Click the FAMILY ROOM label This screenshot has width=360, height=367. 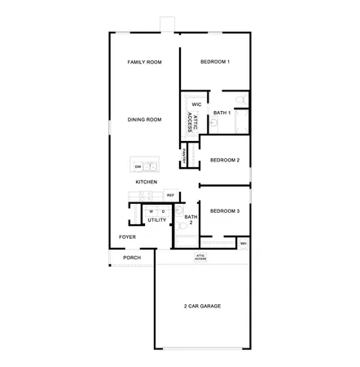pyautogui.click(x=145, y=62)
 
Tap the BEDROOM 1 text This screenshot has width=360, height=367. pyautogui.click(x=216, y=62)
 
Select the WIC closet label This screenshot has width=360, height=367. pyautogui.click(x=196, y=105)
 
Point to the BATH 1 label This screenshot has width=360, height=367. pyautogui.click(x=222, y=113)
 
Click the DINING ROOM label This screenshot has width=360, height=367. pyautogui.click(x=144, y=120)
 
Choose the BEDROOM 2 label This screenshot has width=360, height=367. pyautogui.click(x=224, y=160)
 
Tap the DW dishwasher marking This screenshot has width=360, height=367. pyautogui.click(x=138, y=166)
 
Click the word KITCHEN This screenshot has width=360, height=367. pyautogui.click(x=146, y=182)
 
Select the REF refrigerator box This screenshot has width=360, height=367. pyautogui.click(x=170, y=195)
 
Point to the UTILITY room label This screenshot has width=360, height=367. pyautogui.click(x=157, y=220)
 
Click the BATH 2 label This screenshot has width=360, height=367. pyautogui.click(x=190, y=219)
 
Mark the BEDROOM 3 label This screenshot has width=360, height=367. pyautogui.click(x=224, y=211)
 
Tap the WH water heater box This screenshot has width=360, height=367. pyautogui.click(x=244, y=243)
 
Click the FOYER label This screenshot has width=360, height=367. pyautogui.click(x=127, y=237)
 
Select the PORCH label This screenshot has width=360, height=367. pyautogui.click(x=132, y=257)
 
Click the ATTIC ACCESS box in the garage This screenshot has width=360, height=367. pyautogui.click(x=200, y=257)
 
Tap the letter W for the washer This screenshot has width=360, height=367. pyautogui.click(x=151, y=211)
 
